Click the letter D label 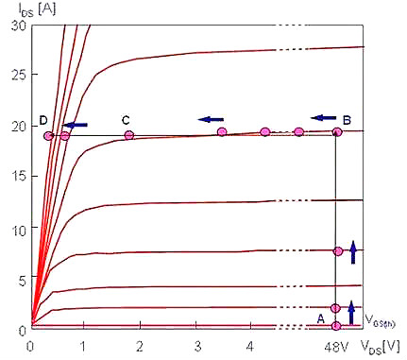[43, 120]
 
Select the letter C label [126, 120]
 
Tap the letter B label [347, 120]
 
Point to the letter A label [320, 319]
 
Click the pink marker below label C [129, 136]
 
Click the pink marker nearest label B [337, 132]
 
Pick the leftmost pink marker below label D [49, 136]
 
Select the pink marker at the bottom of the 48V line [336, 326]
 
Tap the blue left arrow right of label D [75, 125]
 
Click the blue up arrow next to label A [351, 313]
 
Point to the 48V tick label [336, 347]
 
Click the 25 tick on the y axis [19, 75]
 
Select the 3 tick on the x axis [197, 347]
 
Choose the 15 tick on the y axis [19, 177]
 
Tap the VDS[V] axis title [381, 347]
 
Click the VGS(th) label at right [380, 321]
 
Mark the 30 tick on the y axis [19, 26]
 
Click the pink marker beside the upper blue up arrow [338, 251]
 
